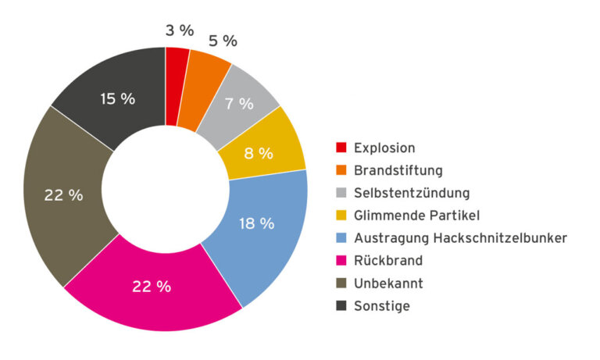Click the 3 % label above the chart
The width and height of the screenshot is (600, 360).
coord(179,30)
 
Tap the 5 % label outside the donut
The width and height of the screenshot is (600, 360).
coord(222,41)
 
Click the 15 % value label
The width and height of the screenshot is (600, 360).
coord(117,99)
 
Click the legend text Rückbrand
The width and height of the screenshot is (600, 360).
coord(387,261)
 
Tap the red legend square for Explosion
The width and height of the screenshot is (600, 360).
coord(341,148)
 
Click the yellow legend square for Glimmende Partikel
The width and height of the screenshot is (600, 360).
coord(341,216)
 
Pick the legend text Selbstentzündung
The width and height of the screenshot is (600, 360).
coord(412,193)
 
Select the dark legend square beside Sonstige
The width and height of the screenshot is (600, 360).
coord(341,306)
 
